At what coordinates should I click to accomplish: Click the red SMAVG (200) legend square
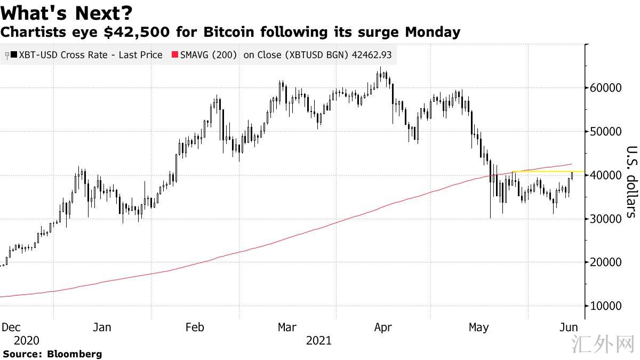(174, 55)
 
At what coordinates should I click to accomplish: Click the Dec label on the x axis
(11, 327)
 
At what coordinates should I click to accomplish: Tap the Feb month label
(194, 327)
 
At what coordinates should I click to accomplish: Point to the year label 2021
(319, 340)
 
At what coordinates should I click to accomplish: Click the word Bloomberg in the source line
(75, 354)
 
